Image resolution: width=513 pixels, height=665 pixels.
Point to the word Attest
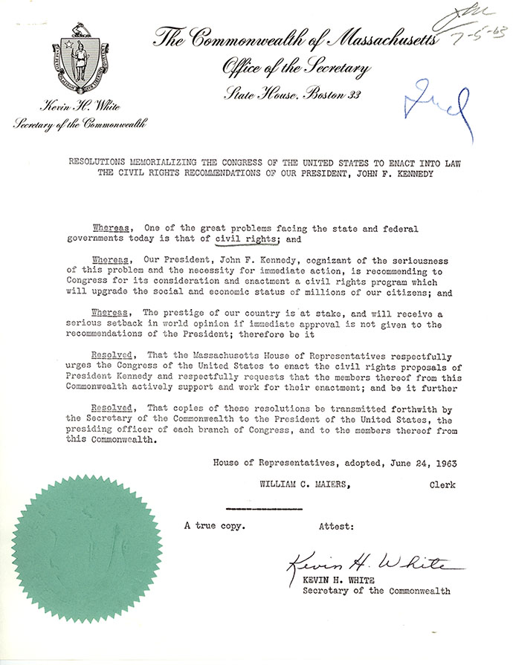pyautogui.click(x=336, y=526)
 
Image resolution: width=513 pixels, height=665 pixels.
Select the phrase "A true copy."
pyautogui.click(x=215, y=526)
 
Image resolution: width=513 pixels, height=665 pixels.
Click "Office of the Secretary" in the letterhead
pyautogui.click(x=296, y=69)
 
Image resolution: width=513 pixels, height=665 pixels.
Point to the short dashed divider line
pyautogui.click(x=263, y=509)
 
